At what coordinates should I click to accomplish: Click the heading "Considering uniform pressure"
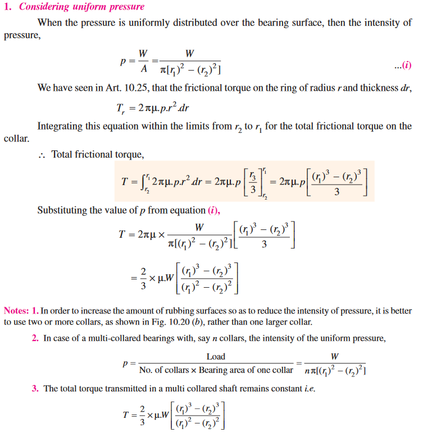coord(82,7)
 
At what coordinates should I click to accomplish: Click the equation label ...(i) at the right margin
coord(403,65)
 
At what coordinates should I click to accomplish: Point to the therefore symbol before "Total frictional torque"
coord(42,154)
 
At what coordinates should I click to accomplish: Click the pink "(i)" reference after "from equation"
coord(216,210)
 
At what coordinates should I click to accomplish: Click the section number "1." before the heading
coord(8,7)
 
